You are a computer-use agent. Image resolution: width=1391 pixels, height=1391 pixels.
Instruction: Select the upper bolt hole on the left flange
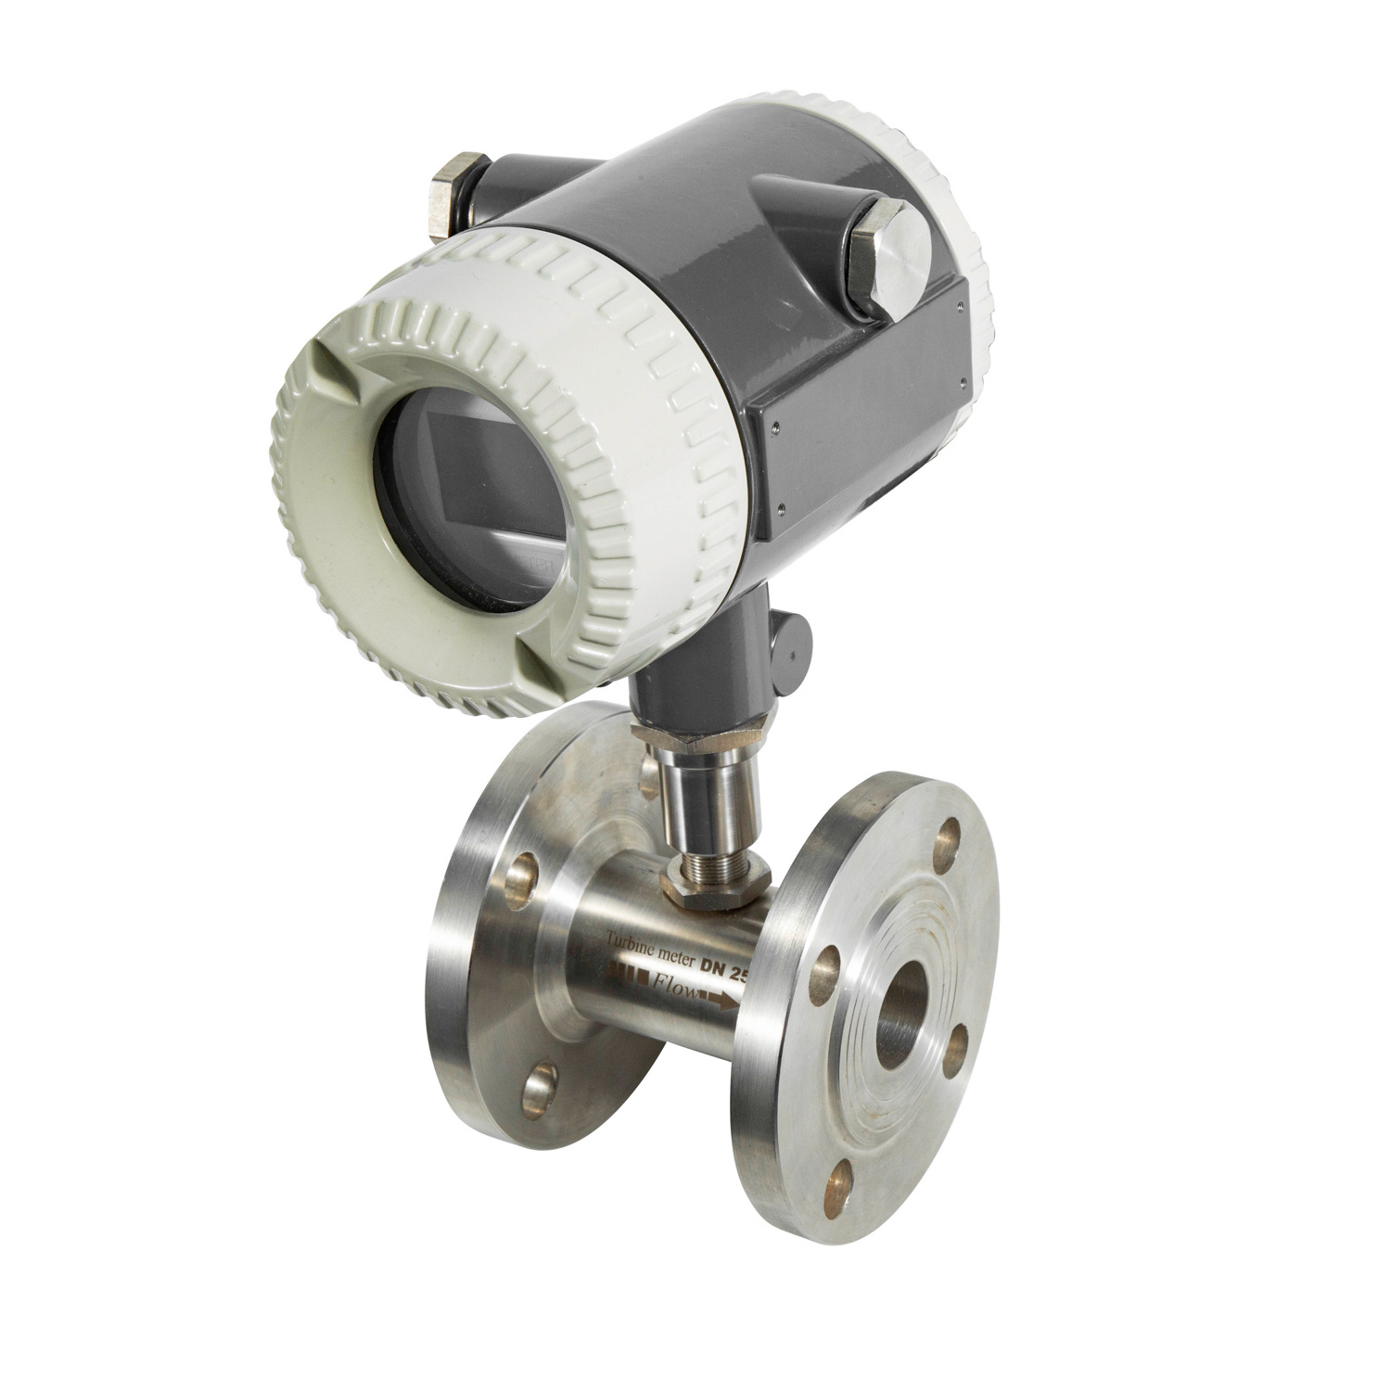pyautogui.click(x=525, y=872)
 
